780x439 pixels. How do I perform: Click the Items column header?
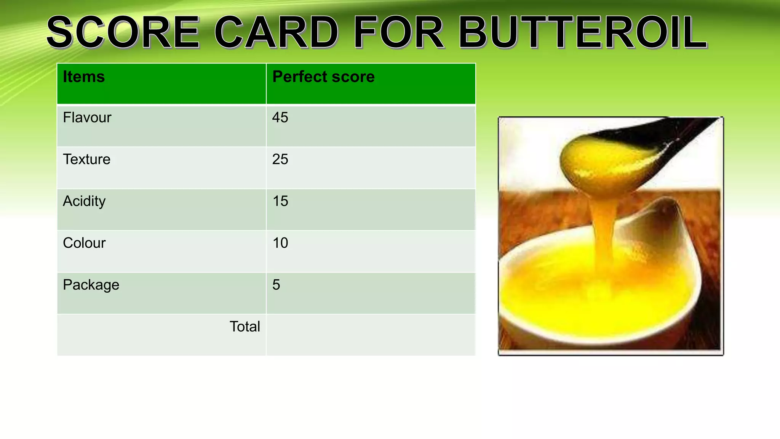pyautogui.click(x=84, y=77)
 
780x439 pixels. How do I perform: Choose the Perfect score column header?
pyautogui.click(x=323, y=77)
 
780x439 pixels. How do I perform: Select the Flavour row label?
pyautogui.click(x=87, y=118)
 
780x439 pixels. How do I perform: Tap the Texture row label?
pyautogui.click(x=86, y=159)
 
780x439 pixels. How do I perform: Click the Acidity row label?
pyautogui.click(x=84, y=201)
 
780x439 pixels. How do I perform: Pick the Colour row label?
pyautogui.click(x=84, y=243)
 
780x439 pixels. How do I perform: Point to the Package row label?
pyautogui.click(x=91, y=285)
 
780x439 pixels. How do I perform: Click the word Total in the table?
pyautogui.click(x=245, y=327)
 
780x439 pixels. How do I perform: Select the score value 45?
pyautogui.click(x=280, y=118)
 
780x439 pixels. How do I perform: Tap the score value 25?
pyautogui.click(x=280, y=159)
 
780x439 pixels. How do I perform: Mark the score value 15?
pyautogui.click(x=280, y=201)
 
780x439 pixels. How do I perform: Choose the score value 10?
pyautogui.click(x=280, y=243)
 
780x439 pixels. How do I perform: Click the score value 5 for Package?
pyautogui.click(x=276, y=285)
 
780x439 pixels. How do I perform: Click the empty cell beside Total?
pyautogui.click(x=371, y=335)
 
